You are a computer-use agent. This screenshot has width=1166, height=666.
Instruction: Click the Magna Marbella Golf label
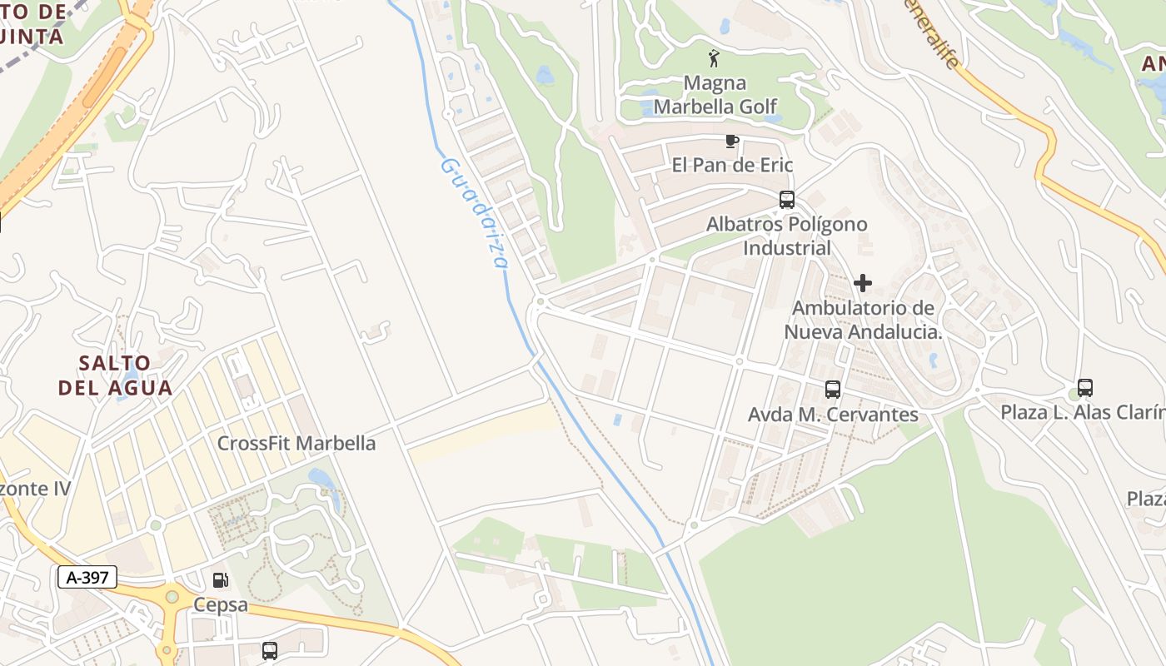click(715, 95)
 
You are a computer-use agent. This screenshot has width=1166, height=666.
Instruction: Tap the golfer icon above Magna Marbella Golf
click(713, 58)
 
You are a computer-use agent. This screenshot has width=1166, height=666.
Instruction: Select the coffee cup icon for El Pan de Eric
click(731, 141)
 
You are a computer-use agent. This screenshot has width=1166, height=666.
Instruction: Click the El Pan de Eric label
click(732, 165)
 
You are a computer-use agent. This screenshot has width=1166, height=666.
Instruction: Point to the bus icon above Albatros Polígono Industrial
click(786, 200)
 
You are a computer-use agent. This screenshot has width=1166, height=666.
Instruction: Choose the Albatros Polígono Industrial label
click(787, 236)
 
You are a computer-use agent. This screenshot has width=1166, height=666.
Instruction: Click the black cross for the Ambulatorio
click(863, 283)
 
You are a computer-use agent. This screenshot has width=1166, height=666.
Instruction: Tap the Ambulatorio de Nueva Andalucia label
click(863, 320)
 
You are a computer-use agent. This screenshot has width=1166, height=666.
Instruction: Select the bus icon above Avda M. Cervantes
click(832, 389)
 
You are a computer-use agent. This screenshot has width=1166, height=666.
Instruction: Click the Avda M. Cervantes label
click(833, 415)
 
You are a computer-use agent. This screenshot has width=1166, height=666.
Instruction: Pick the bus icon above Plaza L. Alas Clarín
click(1084, 387)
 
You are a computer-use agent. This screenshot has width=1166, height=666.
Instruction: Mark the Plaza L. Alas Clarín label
click(1082, 412)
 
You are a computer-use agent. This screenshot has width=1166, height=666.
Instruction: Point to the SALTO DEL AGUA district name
click(116, 375)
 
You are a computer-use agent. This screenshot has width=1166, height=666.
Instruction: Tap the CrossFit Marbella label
click(296, 443)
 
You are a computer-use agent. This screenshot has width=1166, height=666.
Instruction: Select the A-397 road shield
click(87, 577)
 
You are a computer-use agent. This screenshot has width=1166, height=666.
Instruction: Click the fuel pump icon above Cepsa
click(220, 580)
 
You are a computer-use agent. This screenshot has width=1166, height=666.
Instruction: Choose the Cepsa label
click(221, 604)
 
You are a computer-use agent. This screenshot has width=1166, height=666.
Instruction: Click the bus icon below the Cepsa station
click(269, 650)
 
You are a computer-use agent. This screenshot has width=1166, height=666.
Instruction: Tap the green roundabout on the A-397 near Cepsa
click(172, 596)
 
